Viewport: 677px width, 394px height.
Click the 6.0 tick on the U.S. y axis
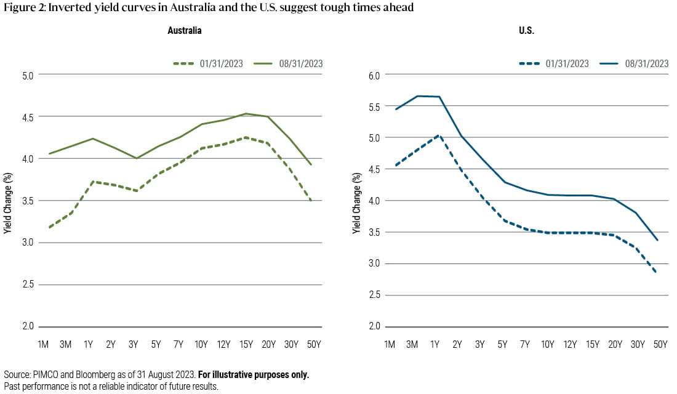pyautogui.click(x=375, y=74)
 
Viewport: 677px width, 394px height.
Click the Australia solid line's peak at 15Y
pyautogui.click(x=246, y=113)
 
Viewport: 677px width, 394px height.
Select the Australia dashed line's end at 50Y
pyautogui.click(x=311, y=201)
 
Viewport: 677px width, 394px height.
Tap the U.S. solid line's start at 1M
pyautogui.click(x=396, y=110)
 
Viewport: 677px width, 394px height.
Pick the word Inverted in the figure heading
pyautogui.click(x=67, y=8)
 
